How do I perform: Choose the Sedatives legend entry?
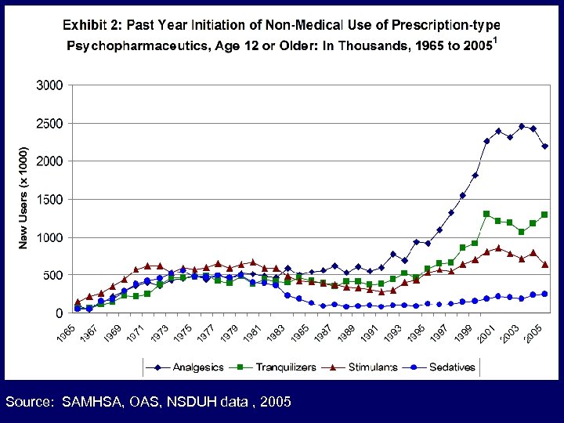tap(451, 367)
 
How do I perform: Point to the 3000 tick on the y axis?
tap(49, 85)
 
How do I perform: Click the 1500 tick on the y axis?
tap(49, 200)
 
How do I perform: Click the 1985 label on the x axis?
tap(299, 331)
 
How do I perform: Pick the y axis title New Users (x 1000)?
tap(23, 197)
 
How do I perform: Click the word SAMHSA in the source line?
tap(88, 402)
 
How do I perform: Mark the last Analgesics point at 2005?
tap(544, 146)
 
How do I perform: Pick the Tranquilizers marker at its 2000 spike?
tap(486, 213)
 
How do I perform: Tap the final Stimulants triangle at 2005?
tap(544, 264)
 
